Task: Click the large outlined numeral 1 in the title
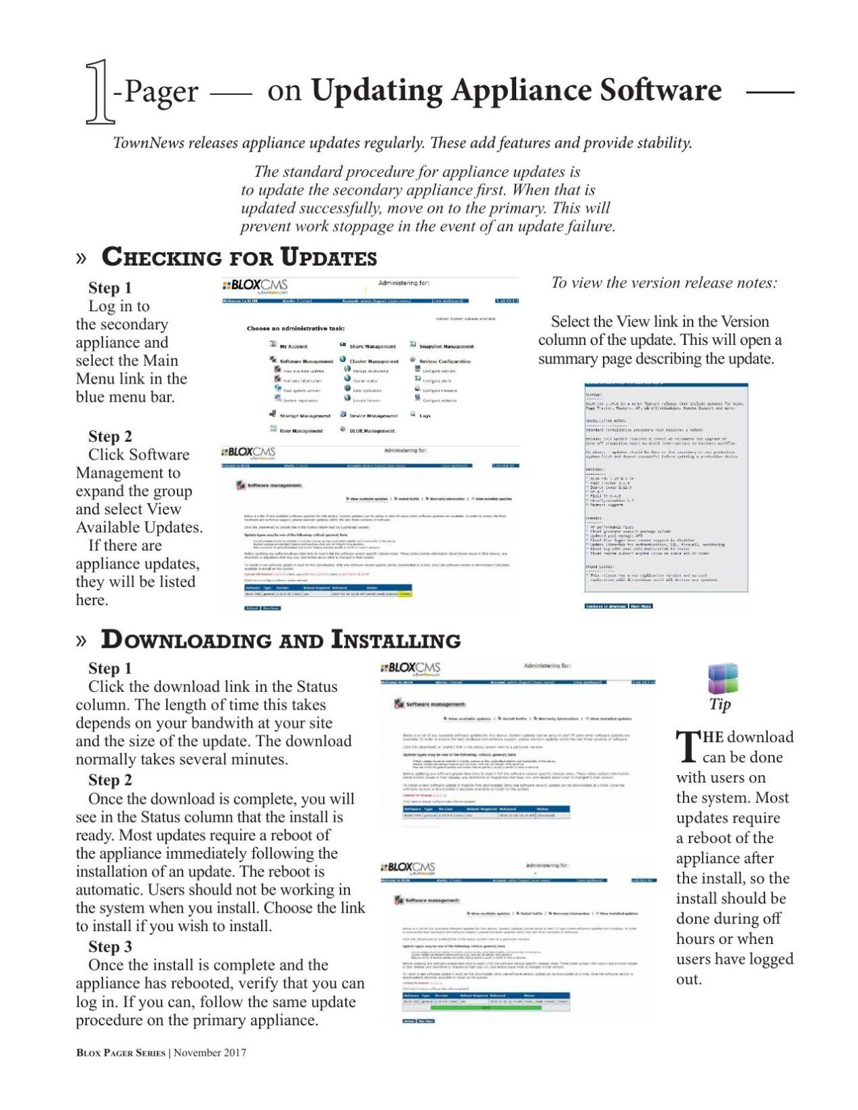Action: coord(100,92)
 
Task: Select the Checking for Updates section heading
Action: coord(239,258)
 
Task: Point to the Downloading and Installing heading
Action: coord(280,640)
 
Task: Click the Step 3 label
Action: coord(110,947)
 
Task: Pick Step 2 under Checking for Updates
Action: coord(110,436)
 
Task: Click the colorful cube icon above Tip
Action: coord(722,678)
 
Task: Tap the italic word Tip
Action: coord(720,704)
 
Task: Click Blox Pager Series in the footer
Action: coord(121,1052)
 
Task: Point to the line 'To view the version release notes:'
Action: coord(664,283)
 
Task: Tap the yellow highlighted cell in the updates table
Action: coord(406,594)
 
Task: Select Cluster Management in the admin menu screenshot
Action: coord(374,361)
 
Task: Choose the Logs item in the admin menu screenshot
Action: coord(425,415)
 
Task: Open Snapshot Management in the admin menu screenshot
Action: coord(446,346)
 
